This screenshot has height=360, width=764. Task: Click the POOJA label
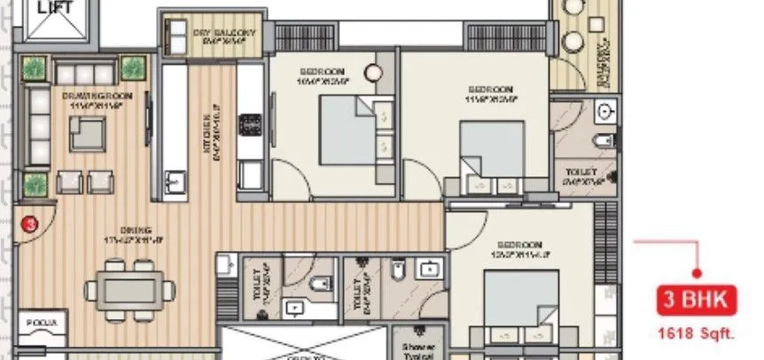42,323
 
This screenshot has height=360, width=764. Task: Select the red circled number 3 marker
30,224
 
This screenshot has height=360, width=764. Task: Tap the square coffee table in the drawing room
88,133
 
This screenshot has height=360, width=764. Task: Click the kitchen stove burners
251,121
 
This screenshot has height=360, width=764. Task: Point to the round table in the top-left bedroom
375,74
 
